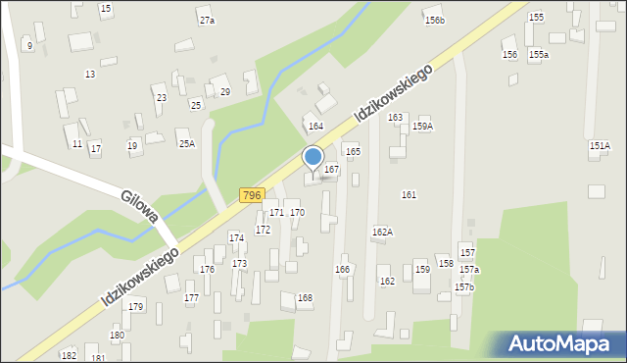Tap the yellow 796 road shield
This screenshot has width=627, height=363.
252,195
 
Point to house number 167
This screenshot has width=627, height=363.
332,170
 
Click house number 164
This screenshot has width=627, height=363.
315,127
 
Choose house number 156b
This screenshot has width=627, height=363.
434,21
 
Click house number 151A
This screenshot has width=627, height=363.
600,145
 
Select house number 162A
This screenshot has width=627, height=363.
382,232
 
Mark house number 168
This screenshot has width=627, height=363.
305,297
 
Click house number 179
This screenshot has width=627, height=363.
135,307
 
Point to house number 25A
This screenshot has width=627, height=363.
186,144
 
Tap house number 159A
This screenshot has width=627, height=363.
422,127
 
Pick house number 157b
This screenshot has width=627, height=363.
463,287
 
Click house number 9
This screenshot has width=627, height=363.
30,46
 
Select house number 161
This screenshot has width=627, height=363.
409,195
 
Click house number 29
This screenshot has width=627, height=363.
224,92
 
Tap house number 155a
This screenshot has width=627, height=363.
539,56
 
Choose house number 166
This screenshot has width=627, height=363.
342,269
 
